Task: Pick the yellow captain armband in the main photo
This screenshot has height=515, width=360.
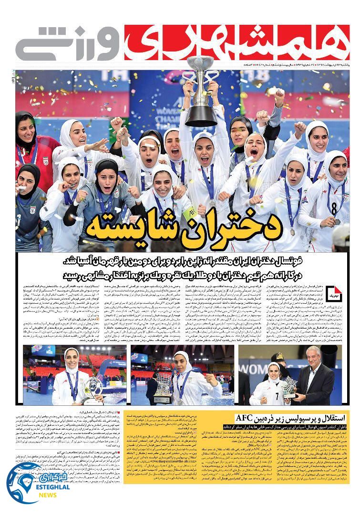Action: coord(190,213)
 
